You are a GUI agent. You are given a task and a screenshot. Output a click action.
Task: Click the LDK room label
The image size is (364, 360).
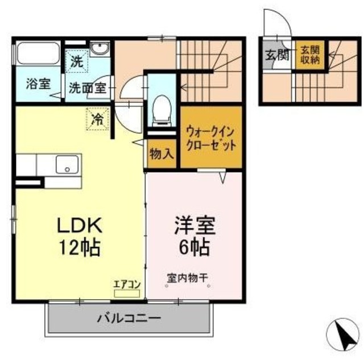pyautogui.click(x=78, y=226)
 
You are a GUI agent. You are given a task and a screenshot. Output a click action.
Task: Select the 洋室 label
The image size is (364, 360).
pyautogui.click(x=194, y=226)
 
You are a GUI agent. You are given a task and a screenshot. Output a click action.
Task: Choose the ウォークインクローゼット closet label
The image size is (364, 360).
pyautogui.click(x=211, y=137)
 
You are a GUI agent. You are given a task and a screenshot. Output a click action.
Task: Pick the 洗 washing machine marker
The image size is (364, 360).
pyautogui.click(x=76, y=61)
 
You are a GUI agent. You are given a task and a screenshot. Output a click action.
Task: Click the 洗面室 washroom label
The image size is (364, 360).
pyautogui.click(x=88, y=88)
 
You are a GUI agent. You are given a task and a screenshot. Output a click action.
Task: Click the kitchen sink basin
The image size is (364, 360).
pyautogui.click(x=67, y=165)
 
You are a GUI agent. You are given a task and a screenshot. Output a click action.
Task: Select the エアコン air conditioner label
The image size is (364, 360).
pyautogui.click(x=123, y=285)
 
